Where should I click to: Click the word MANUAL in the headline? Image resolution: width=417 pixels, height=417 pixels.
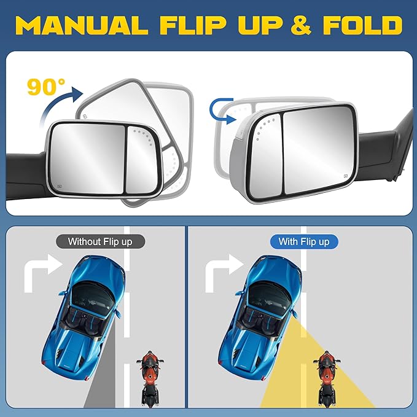coord(82,25)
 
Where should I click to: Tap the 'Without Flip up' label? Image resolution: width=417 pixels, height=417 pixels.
coord(99,241)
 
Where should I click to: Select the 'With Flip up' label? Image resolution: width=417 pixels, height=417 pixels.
coord(303,241)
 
